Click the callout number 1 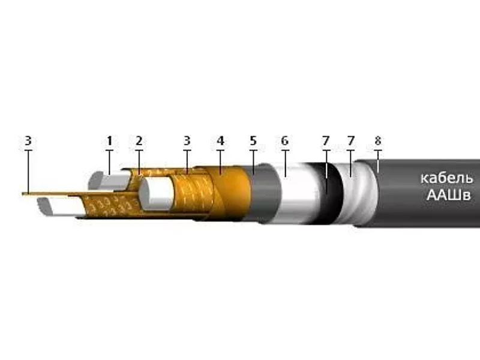[109, 141]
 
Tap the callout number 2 [139, 141]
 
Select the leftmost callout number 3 [28, 141]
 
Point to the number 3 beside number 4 [187, 141]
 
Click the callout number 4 [220, 141]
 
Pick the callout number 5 [253, 141]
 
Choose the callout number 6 [284, 141]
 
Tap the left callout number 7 [326, 141]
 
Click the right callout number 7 [351, 141]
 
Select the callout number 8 [378, 141]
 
